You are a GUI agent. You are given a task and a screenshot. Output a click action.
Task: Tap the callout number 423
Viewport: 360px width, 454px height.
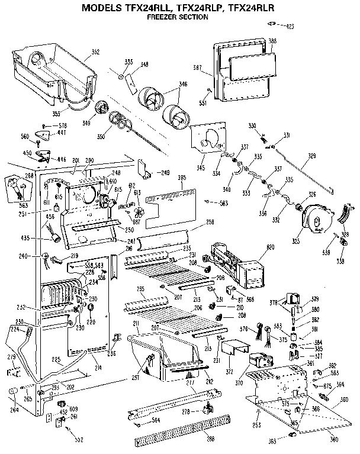pos(290,27)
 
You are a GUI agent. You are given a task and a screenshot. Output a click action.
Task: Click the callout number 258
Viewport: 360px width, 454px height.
pos(210,221)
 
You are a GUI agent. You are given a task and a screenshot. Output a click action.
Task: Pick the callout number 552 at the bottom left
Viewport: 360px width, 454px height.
pos(78,439)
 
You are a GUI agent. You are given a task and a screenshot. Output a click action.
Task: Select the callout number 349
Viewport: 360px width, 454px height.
pos(87,123)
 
